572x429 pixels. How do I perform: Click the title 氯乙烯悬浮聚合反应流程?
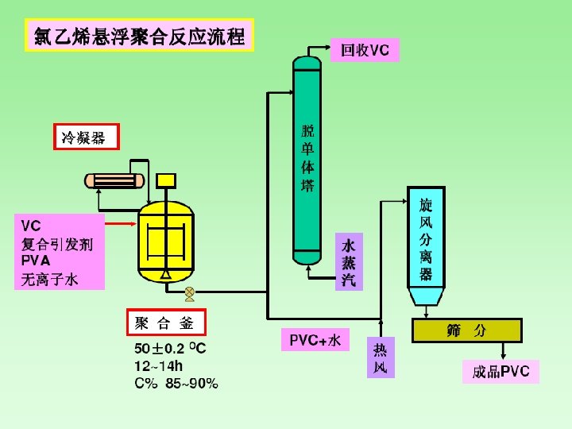click(140, 35)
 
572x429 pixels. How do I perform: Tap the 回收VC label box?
click(365, 50)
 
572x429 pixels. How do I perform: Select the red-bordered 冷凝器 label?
click(86, 137)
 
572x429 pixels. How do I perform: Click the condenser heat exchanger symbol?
click(116, 180)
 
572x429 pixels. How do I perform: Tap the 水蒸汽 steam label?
click(348, 261)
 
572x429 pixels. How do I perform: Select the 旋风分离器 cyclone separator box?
click(426, 237)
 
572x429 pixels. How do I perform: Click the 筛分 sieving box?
click(466, 330)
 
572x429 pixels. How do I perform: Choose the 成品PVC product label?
click(500, 372)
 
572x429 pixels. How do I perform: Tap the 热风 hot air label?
click(381, 357)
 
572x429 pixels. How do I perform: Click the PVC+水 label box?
click(315, 340)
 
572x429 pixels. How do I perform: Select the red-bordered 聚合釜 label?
click(166, 323)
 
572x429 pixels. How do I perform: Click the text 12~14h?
click(159, 366)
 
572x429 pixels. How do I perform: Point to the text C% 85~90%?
click(176, 384)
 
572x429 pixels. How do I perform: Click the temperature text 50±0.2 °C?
click(170, 349)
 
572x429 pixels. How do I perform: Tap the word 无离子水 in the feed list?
click(49, 279)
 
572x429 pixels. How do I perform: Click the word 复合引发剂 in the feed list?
click(56, 244)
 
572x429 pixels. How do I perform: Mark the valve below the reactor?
click(189, 294)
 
